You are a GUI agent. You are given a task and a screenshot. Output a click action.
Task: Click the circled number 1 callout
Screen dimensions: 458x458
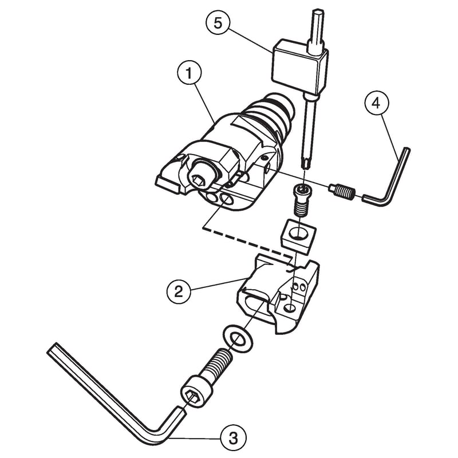[x=189, y=73]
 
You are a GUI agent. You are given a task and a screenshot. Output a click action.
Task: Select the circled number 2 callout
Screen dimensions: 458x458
[x=179, y=291]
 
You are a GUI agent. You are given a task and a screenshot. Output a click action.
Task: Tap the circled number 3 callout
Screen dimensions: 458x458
[x=234, y=438]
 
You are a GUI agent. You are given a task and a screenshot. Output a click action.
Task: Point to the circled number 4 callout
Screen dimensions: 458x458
[x=377, y=103]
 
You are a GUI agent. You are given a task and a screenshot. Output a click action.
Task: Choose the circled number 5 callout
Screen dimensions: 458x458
[x=218, y=23]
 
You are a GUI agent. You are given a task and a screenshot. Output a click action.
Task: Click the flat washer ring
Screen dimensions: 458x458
[x=238, y=338]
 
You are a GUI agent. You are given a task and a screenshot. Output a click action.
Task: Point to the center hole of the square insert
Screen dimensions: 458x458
[x=298, y=234]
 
